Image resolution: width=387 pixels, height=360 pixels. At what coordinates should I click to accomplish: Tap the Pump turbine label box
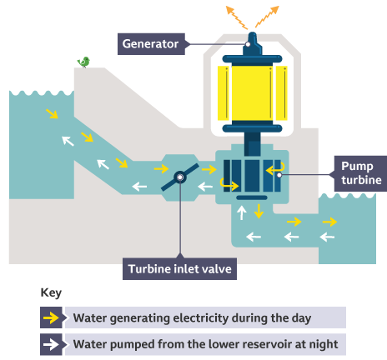359,172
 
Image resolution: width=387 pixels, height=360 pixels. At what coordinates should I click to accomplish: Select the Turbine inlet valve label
178,268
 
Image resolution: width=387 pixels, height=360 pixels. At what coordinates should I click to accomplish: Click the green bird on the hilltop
83,62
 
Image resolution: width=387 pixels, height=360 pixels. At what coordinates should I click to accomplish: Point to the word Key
51,293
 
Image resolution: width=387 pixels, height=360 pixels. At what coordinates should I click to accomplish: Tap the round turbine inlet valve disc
180,177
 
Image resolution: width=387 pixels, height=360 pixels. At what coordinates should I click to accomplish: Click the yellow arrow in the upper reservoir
53,113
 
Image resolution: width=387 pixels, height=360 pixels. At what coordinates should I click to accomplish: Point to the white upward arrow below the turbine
243,213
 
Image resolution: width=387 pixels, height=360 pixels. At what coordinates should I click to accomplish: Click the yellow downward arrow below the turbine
259,212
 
